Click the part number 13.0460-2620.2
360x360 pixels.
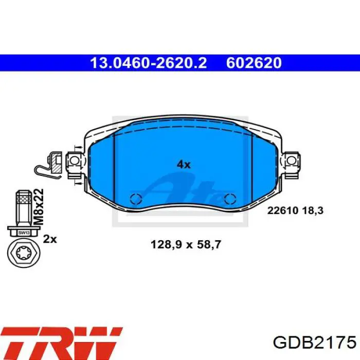click(x=149, y=63)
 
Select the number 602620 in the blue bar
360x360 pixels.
click(x=254, y=63)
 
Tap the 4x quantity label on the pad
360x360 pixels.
click(x=184, y=165)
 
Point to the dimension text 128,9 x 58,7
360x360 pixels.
click(x=186, y=244)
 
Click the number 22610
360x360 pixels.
click(x=283, y=210)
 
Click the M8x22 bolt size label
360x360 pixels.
click(x=38, y=206)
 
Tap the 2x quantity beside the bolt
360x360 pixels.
click(x=50, y=239)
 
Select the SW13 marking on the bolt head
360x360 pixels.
click(x=24, y=233)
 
